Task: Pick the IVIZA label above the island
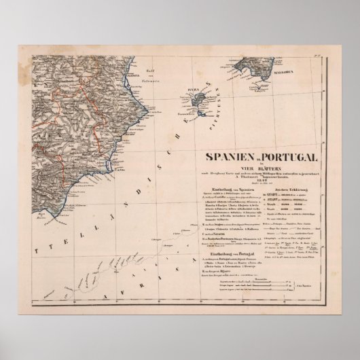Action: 191,89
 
